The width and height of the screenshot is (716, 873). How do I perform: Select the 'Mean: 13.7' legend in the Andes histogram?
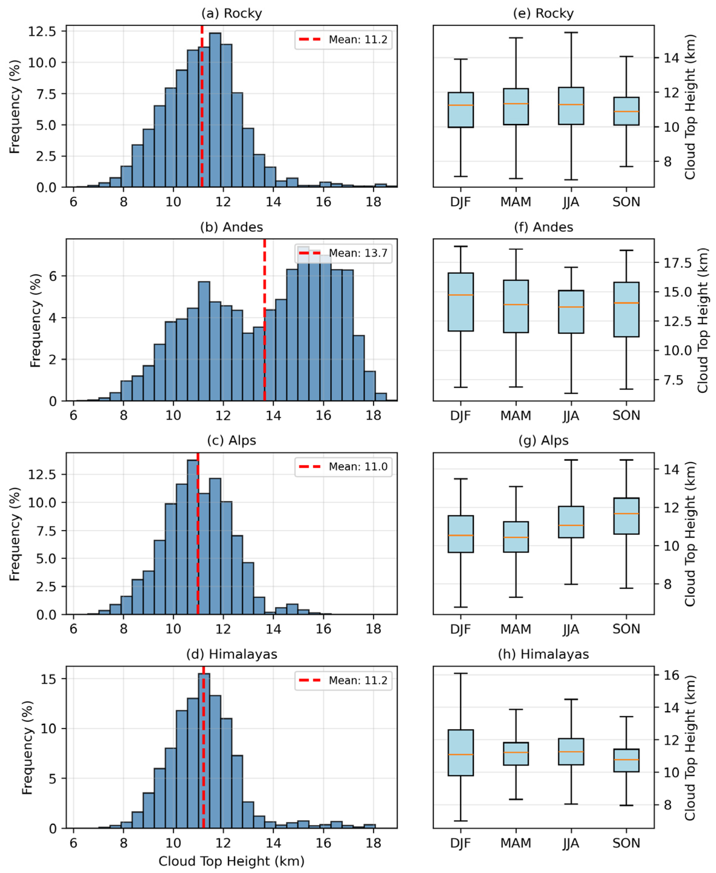(x=343, y=253)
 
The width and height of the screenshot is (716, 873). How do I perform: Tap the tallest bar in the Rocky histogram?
(x=215, y=110)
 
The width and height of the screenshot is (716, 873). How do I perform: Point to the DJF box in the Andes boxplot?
(x=461, y=302)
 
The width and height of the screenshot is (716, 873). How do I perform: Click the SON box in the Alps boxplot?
(x=627, y=516)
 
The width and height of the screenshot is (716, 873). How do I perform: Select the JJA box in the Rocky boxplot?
(x=571, y=106)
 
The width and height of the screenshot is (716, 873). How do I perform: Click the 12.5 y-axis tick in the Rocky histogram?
(x=42, y=31)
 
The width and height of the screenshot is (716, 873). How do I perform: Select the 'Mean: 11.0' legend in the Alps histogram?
(x=343, y=467)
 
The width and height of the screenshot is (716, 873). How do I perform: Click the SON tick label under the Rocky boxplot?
(x=627, y=202)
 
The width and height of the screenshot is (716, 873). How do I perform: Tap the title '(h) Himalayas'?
(x=544, y=654)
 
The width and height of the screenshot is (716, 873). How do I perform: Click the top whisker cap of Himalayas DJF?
(x=461, y=673)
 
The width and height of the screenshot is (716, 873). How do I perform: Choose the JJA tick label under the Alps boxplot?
(x=571, y=629)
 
